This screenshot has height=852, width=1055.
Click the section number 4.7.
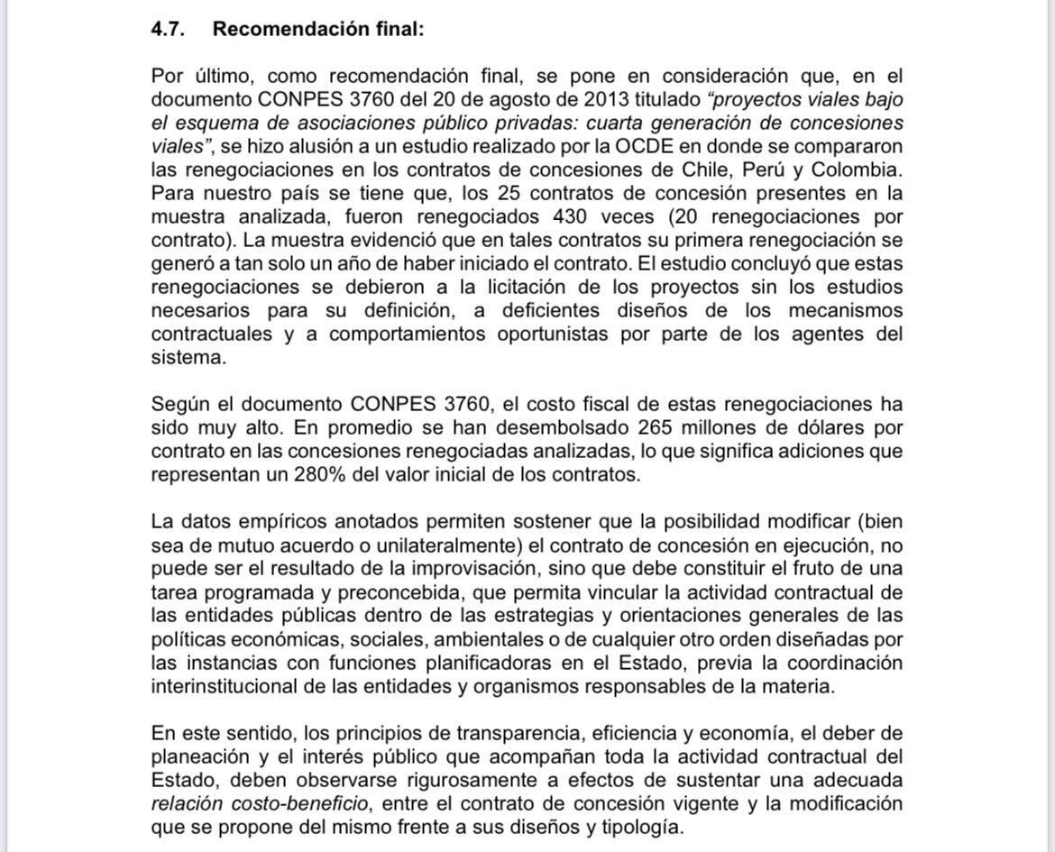click(x=168, y=29)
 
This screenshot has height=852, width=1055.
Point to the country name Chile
click(x=711, y=169)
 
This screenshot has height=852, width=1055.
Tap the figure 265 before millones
click(x=656, y=427)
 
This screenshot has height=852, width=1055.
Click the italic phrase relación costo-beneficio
click(x=260, y=802)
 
